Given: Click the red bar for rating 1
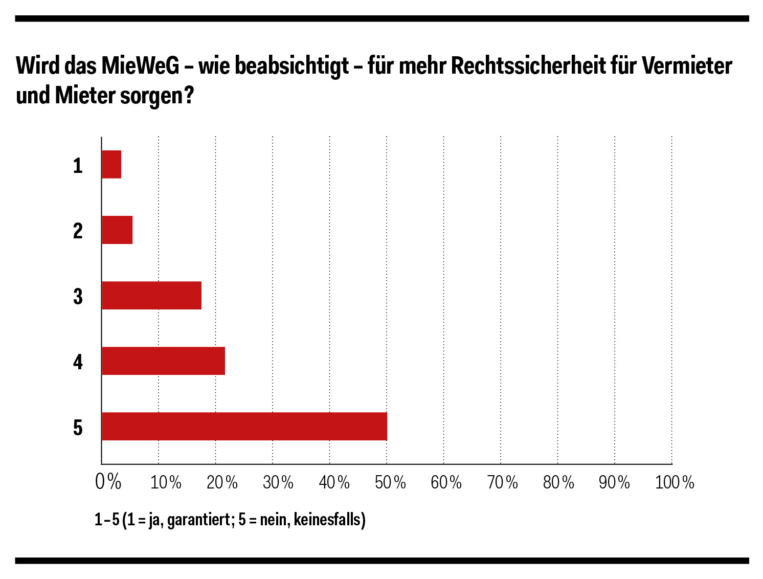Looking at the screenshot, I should point(111,164).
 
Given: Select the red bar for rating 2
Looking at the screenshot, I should point(117,230).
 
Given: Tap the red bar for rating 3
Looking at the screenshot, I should point(151,295).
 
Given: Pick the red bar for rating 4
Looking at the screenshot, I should point(163,361).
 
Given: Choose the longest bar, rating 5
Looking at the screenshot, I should point(244,426).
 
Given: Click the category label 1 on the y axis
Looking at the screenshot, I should point(78,165).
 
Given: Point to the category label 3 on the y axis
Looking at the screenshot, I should point(78,296).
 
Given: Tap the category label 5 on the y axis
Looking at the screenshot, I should point(78,427).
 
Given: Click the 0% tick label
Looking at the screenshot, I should point(108,482).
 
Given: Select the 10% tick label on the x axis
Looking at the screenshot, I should point(166,482).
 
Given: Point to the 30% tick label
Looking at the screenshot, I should point(278,482).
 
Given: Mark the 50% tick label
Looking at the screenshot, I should point(390,482).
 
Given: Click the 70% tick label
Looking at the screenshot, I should point(502,482).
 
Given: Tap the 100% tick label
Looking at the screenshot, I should point(675,482).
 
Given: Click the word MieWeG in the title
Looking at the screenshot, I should point(140,65).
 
